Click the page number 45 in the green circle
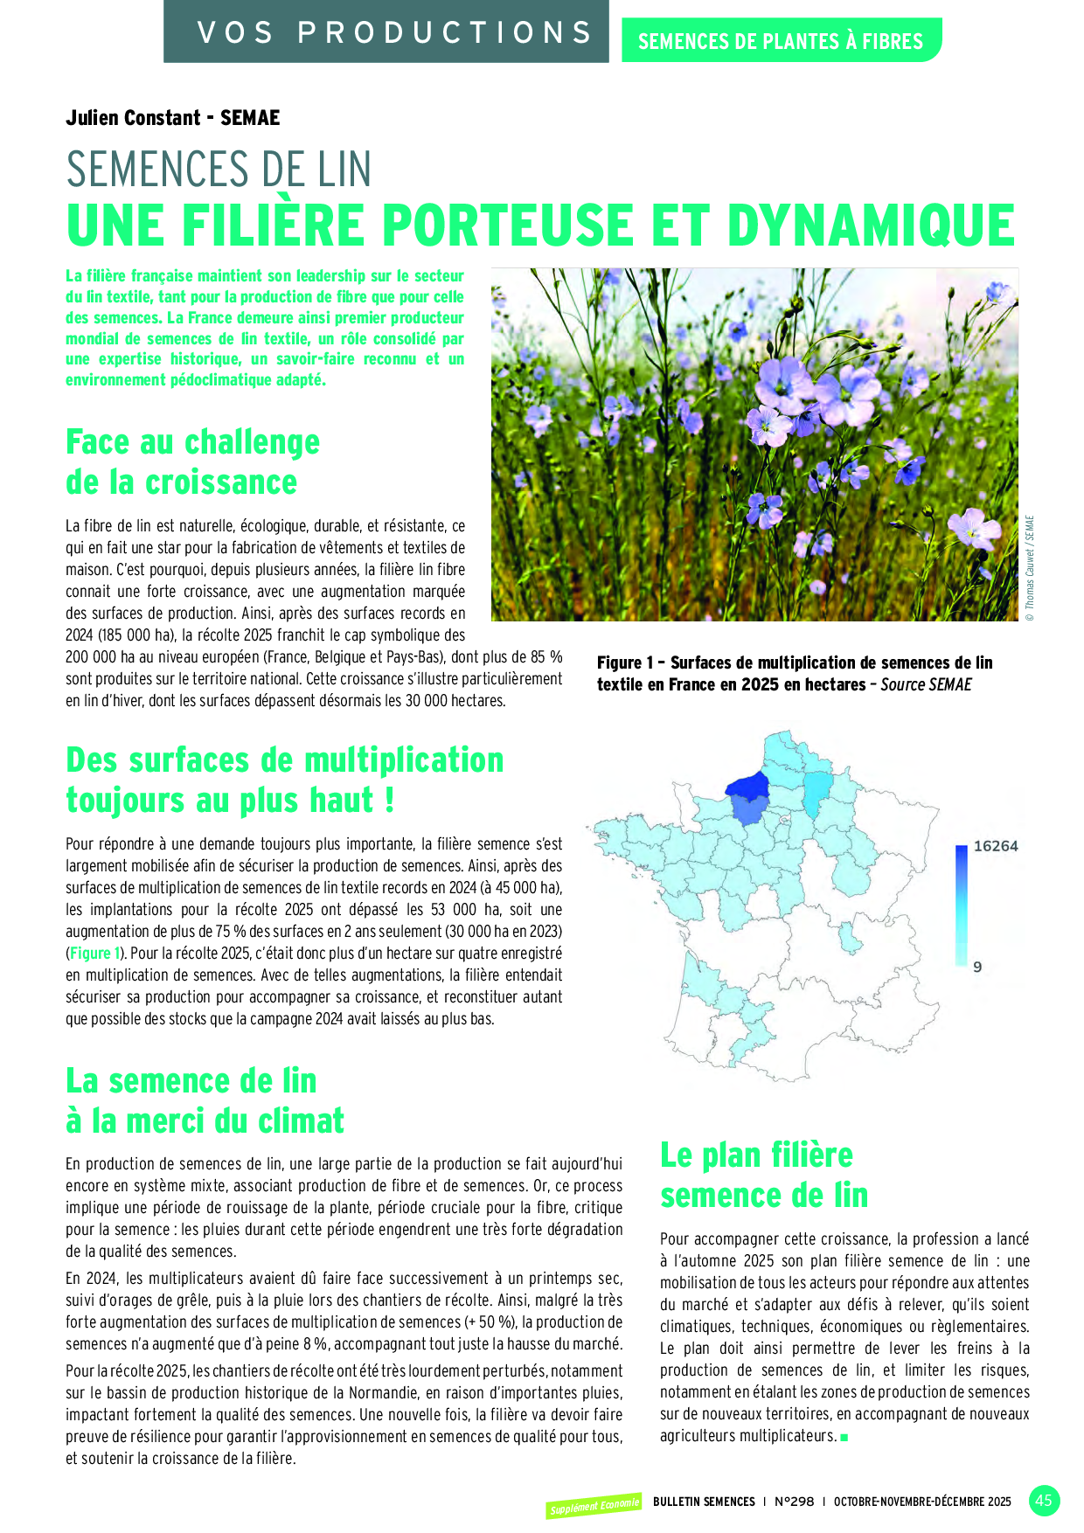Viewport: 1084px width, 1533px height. (1044, 1501)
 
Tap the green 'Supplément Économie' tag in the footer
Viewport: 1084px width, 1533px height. (594, 1506)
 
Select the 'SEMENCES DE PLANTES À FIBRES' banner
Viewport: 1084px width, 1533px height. (781, 41)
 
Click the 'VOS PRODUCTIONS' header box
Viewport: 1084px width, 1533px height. (386, 32)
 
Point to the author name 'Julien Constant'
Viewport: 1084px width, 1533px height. (133, 118)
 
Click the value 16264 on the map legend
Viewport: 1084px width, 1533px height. (996, 846)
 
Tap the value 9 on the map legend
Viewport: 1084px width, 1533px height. (977, 967)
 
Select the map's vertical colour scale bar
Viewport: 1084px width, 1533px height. (961, 905)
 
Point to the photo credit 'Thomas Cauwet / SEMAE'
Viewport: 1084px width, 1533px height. (1030, 568)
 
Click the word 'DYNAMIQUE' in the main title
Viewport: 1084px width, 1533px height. (871, 225)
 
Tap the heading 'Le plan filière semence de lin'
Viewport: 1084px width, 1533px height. (763, 1175)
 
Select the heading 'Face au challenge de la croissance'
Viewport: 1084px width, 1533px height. (192, 461)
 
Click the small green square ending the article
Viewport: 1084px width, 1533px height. (844, 1437)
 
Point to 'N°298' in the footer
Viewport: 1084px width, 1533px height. (794, 1502)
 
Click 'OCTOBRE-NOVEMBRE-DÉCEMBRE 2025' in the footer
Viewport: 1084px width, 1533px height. (921, 1502)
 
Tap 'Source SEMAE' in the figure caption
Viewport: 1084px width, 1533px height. (926, 685)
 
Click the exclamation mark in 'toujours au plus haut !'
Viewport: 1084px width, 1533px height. (390, 800)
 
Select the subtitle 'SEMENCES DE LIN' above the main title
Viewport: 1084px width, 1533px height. (219, 169)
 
